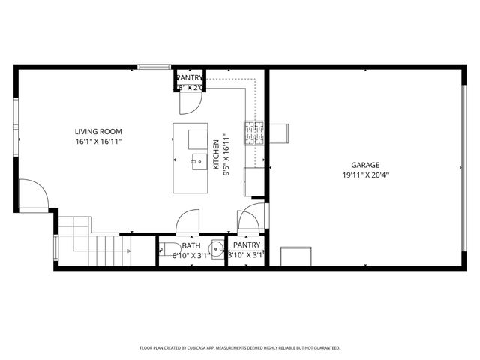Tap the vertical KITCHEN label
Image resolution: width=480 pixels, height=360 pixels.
(215, 155)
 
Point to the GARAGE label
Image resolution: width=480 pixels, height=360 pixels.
(366, 166)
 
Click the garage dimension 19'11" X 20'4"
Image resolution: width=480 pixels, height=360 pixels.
(366, 175)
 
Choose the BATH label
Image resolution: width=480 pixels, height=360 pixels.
(190, 245)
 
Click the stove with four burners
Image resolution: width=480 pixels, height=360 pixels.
(253, 133)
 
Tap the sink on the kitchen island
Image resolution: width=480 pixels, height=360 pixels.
(198, 159)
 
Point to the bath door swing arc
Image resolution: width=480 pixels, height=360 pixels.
(187, 222)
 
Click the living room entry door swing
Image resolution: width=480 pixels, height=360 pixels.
(34, 193)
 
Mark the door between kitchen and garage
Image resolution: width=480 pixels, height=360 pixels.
(251, 218)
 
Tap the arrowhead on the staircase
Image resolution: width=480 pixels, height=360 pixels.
(130, 250)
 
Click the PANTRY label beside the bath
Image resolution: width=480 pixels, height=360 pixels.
(247, 245)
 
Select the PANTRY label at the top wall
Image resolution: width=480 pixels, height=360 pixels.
(190, 78)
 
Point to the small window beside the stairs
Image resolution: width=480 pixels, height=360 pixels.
(55, 247)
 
